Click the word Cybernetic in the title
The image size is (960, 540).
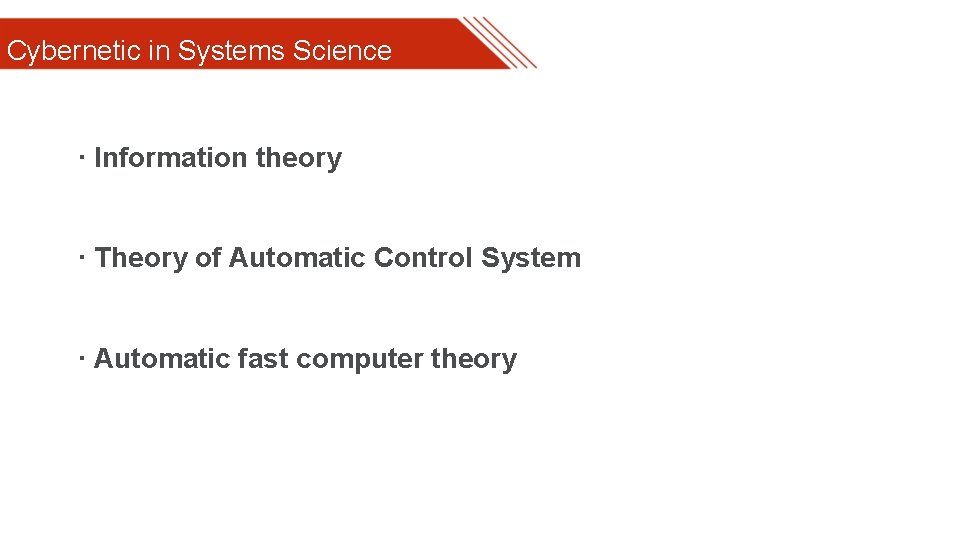pos(73,51)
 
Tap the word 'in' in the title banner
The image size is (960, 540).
pos(159,51)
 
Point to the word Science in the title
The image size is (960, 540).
pos(342,51)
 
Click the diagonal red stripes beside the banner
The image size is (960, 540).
pos(500,43)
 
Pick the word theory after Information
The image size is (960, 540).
pos(299,159)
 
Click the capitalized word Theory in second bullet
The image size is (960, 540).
pos(141,258)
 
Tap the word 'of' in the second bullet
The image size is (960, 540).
pos(208,258)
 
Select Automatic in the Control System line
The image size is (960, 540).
pos(297,258)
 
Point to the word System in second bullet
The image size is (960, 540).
pos(530,258)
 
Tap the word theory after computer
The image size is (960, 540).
pos(474,360)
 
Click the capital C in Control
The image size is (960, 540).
pos(383,258)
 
